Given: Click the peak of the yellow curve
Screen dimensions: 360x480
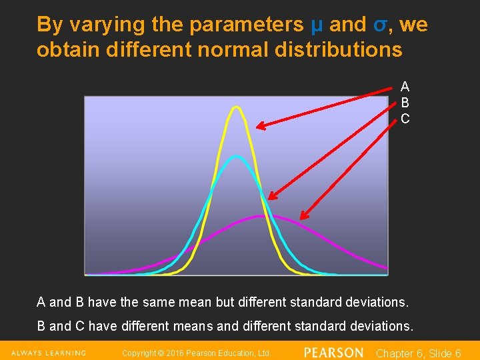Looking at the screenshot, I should pyautogui.click(x=235, y=107).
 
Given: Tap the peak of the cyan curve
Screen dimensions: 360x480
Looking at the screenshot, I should pyautogui.click(x=236, y=157).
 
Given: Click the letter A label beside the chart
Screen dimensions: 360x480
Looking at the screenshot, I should pyautogui.click(x=405, y=87).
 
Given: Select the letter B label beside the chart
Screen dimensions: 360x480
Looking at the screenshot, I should pyautogui.click(x=405, y=103).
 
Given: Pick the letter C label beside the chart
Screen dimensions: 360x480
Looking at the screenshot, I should pyautogui.click(x=405, y=119).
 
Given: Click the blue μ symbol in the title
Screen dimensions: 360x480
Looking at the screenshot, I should pyautogui.click(x=317, y=25).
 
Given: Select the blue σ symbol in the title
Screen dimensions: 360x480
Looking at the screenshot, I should pyautogui.click(x=379, y=25).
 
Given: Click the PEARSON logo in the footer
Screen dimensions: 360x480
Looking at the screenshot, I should pyautogui.click(x=333, y=353).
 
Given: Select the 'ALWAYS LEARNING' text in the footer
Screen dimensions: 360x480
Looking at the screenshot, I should pyautogui.click(x=48, y=353).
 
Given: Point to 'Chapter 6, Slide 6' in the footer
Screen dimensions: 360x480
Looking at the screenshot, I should pyautogui.click(x=419, y=353).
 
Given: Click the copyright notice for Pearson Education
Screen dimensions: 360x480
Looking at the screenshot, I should pyautogui.click(x=197, y=353).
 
